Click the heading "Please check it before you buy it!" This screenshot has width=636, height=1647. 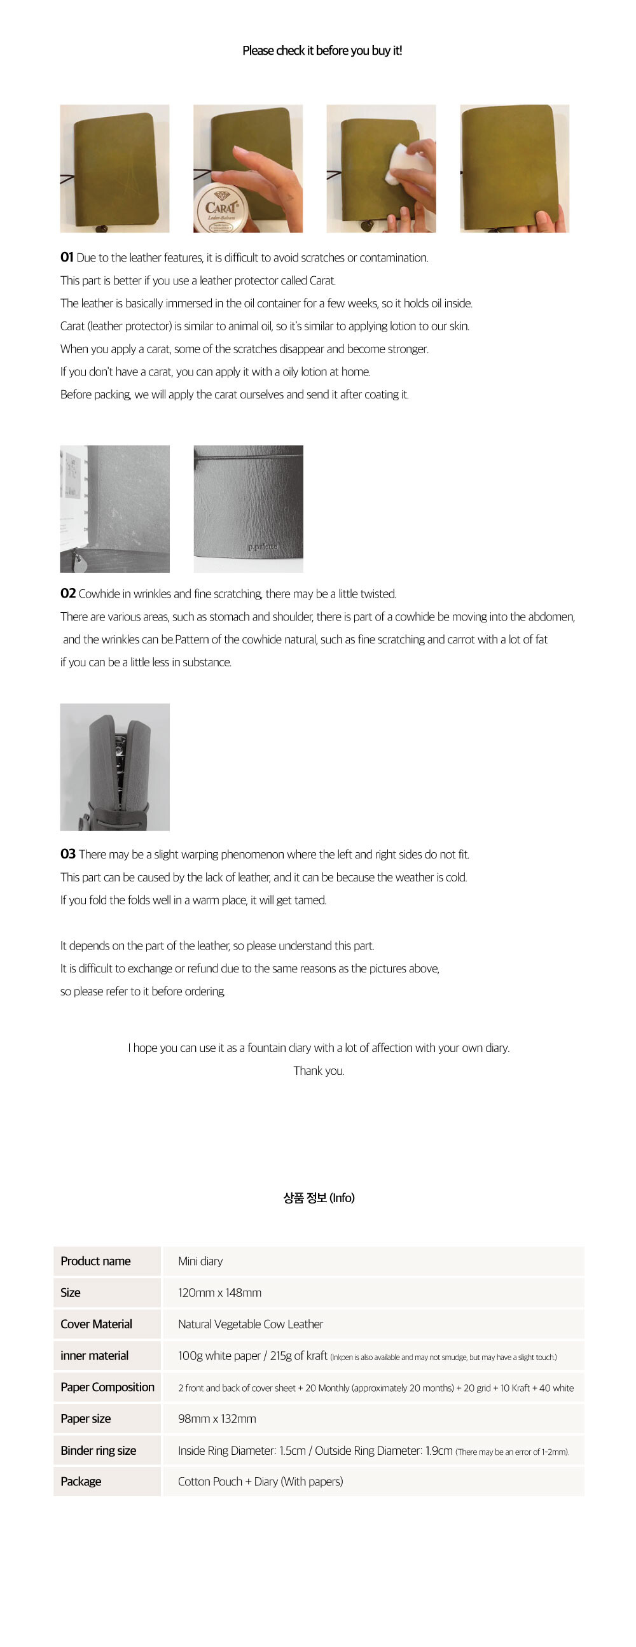point(322,50)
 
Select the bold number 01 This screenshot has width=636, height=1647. point(67,257)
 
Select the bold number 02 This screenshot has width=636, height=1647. point(68,593)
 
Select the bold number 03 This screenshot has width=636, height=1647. point(68,854)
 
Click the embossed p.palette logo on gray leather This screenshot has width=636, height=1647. point(263,547)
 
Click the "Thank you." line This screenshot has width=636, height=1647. point(319,1071)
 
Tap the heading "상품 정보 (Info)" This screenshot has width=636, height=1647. point(319,1198)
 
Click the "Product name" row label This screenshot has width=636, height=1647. point(95,1261)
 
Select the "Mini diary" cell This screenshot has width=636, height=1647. point(200,1261)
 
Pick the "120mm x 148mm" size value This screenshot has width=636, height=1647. point(219,1293)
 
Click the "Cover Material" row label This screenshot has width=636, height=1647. point(96,1324)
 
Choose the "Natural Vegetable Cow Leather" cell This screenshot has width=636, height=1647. point(250,1324)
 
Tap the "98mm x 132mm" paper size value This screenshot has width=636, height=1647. point(217,1419)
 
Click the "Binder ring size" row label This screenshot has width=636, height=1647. point(98,1451)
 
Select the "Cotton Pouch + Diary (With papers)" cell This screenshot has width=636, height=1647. point(260,1482)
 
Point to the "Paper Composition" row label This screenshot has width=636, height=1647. point(107,1387)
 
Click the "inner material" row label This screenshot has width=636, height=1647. point(94,1356)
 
